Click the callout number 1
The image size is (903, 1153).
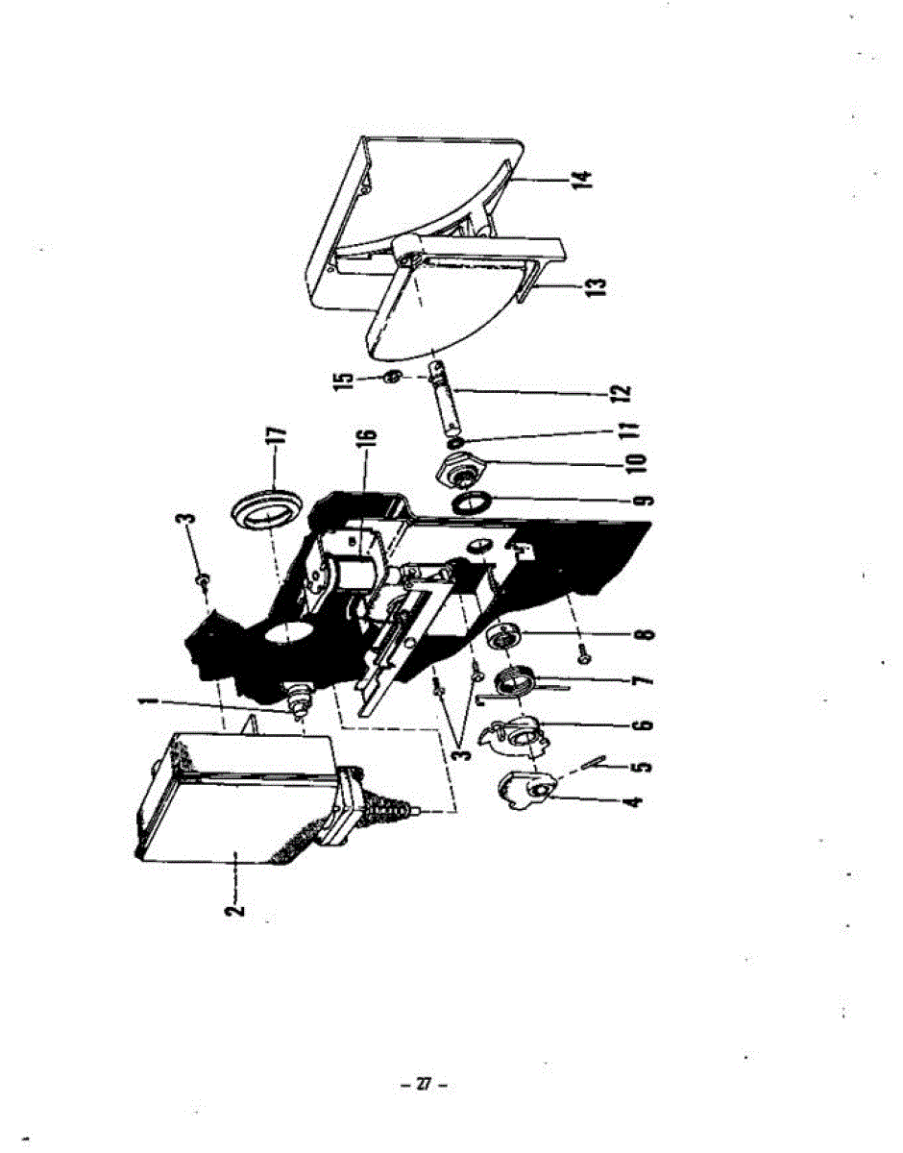[x=145, y=708]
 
